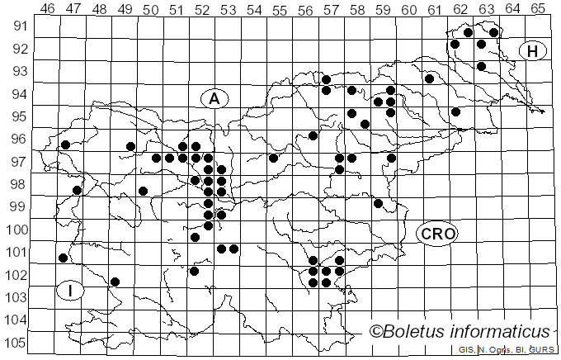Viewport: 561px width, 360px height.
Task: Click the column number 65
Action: click(538, 9)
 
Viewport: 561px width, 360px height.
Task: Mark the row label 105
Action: click(17, 343)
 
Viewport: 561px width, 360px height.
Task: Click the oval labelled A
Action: click(214, 99)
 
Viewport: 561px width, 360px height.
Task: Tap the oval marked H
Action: click(533, 51)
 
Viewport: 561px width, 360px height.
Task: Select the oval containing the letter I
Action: click(71, 291)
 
